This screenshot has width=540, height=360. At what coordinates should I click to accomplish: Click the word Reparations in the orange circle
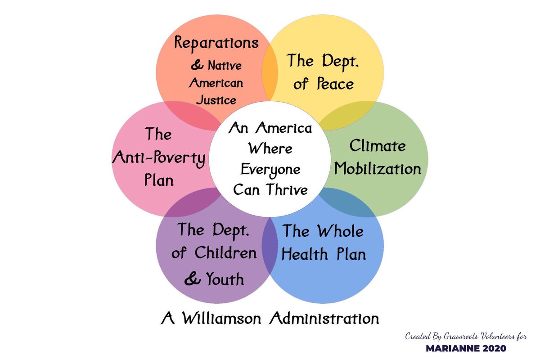(216, 43)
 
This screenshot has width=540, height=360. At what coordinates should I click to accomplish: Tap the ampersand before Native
(197, 66)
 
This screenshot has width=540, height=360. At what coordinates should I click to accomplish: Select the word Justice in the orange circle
(216, 99)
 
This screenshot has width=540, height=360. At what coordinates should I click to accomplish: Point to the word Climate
(378, 146)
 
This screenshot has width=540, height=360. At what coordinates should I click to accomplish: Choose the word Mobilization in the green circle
(378, 169)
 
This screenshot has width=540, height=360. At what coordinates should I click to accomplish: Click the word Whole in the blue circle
(340, 231)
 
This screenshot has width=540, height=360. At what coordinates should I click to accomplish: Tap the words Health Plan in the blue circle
(324, 254)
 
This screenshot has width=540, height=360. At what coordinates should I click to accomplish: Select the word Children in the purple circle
(225, 253)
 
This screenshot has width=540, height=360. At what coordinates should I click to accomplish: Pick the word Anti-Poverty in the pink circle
(159, 157)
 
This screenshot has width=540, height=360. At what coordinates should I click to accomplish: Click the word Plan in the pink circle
(159, 180)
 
